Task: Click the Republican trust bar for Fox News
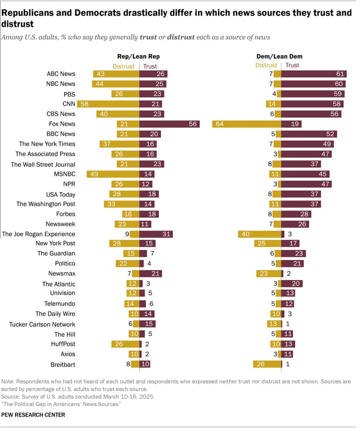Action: pos(169,124)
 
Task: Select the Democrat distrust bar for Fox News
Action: pos(247,124)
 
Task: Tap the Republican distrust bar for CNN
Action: pos(108,104)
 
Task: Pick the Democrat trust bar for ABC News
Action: pos(314,74)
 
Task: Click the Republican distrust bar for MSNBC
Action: pos(113,174)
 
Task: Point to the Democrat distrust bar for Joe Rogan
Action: pos(260,234)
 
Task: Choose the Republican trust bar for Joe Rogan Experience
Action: pos(155,234)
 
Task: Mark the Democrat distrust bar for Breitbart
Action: pos(267,364)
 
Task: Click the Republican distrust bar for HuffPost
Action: pos(126,344)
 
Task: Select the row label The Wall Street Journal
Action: pos(43,164)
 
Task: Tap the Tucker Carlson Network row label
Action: pos(42,324)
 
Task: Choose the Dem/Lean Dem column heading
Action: pos(279,57)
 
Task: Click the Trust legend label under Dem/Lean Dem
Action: pos(292,65)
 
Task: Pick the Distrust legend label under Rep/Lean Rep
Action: pos(124,66)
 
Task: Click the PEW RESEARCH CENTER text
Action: pos(33,415)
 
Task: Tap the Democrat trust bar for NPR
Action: pos(306,184)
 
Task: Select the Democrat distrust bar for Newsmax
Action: pos(269,274)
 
